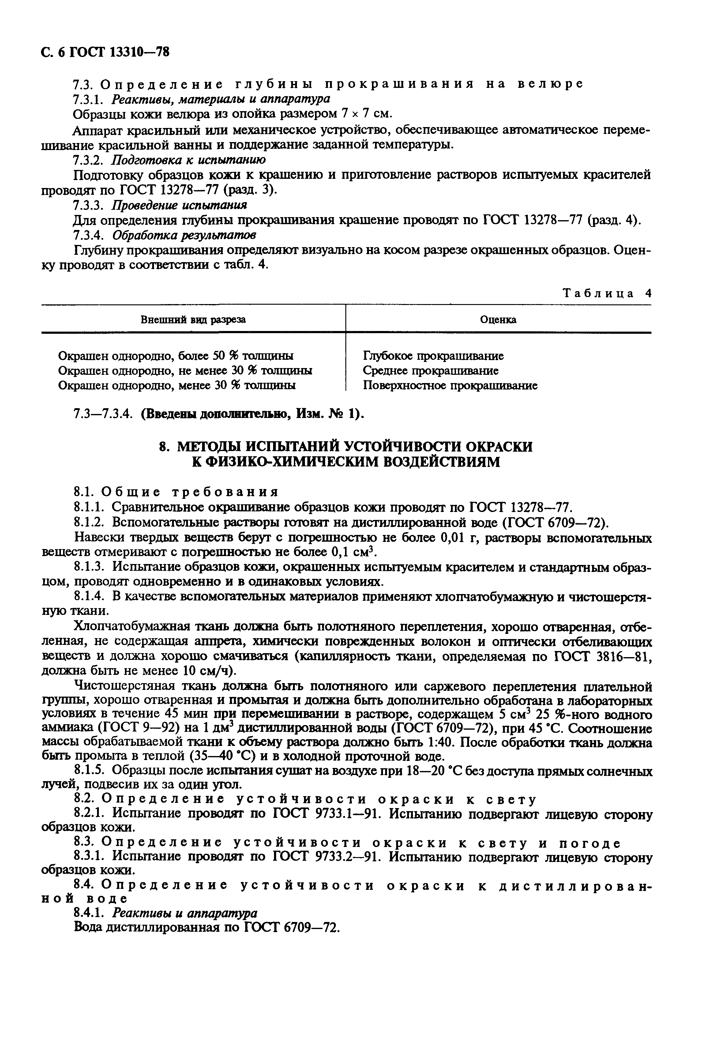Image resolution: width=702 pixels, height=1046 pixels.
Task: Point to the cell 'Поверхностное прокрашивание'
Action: pyautogui.click(x=450, y=386)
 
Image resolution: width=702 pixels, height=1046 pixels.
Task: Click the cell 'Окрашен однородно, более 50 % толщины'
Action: pyautogui.click(x=176, y=356)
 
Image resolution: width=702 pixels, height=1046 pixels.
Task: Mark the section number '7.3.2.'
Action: pyautogui.click(x=89, y=160)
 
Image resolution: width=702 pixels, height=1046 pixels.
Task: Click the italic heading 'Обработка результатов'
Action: pyautogui.click(x=184, y=235)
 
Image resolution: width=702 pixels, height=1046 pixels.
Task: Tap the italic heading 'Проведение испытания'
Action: pyautogui.click(x=179, y=205)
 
